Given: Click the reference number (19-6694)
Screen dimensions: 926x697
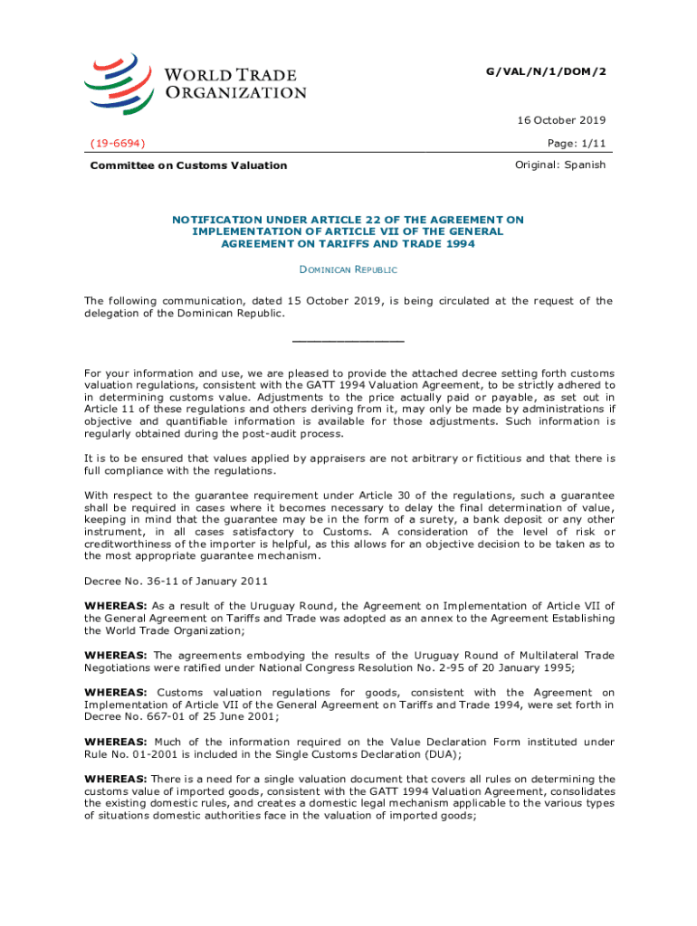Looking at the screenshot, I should click(119, 143).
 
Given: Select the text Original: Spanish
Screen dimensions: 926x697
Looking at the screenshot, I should click(560, 165).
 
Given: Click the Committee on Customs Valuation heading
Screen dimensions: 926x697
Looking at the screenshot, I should click(188, 165).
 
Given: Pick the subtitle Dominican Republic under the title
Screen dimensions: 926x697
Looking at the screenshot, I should click(348, 269).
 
